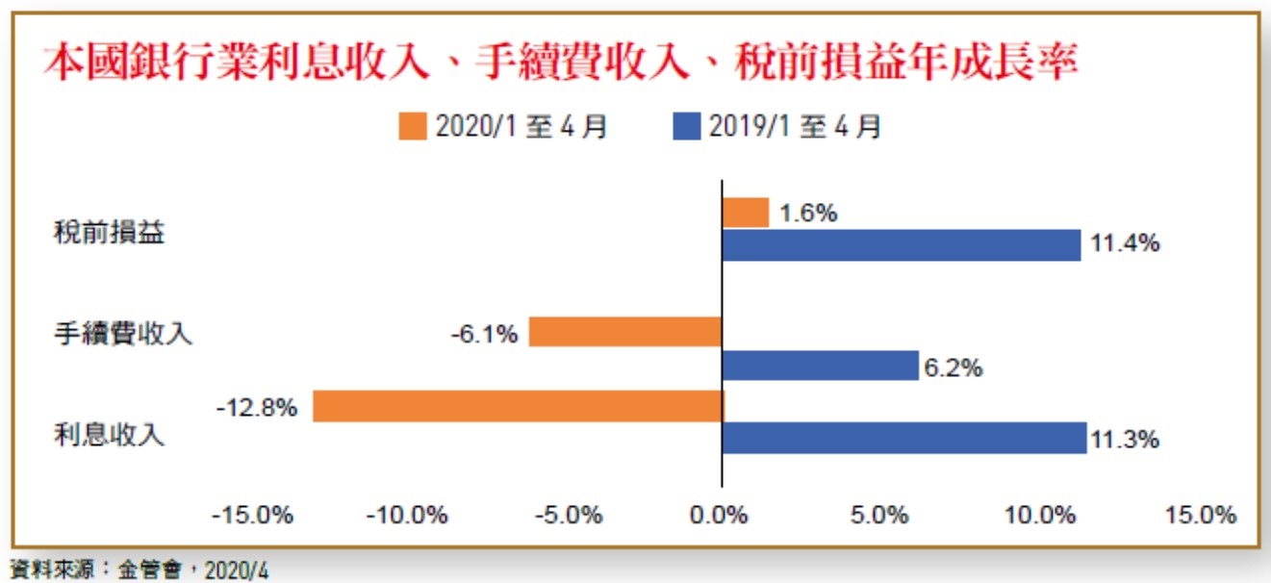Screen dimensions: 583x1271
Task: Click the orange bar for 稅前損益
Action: click(746, 213)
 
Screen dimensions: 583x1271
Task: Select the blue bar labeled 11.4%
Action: click(902, 244)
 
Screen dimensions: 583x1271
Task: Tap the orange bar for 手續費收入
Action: click(625, 332)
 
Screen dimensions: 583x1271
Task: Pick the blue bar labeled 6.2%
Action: click(820, 366)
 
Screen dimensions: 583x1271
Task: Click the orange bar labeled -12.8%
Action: click(518, 406)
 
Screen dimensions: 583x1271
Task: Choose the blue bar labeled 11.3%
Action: click(903, 438)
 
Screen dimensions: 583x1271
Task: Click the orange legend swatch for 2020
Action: click(413, 127)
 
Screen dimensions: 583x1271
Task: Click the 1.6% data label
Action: click(808, 214)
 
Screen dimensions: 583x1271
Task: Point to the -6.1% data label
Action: click(483, 334)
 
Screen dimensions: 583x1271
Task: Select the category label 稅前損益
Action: click(109, 234)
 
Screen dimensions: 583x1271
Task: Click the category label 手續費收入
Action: click(123, 334)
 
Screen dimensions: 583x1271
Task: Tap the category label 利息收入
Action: click(109, 434)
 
